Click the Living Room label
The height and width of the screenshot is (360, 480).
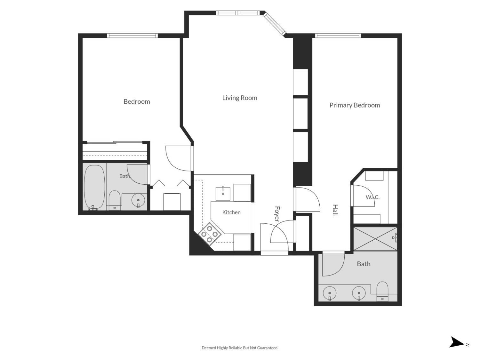pyautogui.click(x=239, y=98)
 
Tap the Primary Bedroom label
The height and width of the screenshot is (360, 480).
pyautogui.click(x=355, y=105)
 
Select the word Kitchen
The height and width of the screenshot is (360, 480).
pyautogui.click(x=231, y=212)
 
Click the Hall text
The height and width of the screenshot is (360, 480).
pyautogui.click(x=335, y=210)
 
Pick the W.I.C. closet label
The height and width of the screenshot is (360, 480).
pyautogui.click(x=372, y=197)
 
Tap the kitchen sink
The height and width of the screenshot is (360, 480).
pyautogui.click(x=223, y=194)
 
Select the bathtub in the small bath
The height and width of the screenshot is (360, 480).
pyautogui.click(x=94, y=188)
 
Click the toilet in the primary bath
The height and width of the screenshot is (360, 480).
pyautogui.click(x=382, y=291)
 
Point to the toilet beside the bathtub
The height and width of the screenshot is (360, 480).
pyautogui.click(x=115, y=200)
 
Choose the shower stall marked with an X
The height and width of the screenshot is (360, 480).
pyautogui.click(x=375, y=239)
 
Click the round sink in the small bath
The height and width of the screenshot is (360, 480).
pyautogui.click(x=138, y=200)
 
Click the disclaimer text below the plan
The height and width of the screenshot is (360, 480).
pyautogui.click(x=240, y=348)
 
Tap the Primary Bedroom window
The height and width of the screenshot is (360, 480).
pyautogui.click(x=338, y=36)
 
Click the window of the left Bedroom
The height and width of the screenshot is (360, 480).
pyautogui.click(x=132, y=36)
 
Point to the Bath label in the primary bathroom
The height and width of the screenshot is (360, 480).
pyautogui.click(x=364, y=264)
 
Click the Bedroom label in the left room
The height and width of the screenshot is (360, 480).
pyautogui.click(x=137, y=101)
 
